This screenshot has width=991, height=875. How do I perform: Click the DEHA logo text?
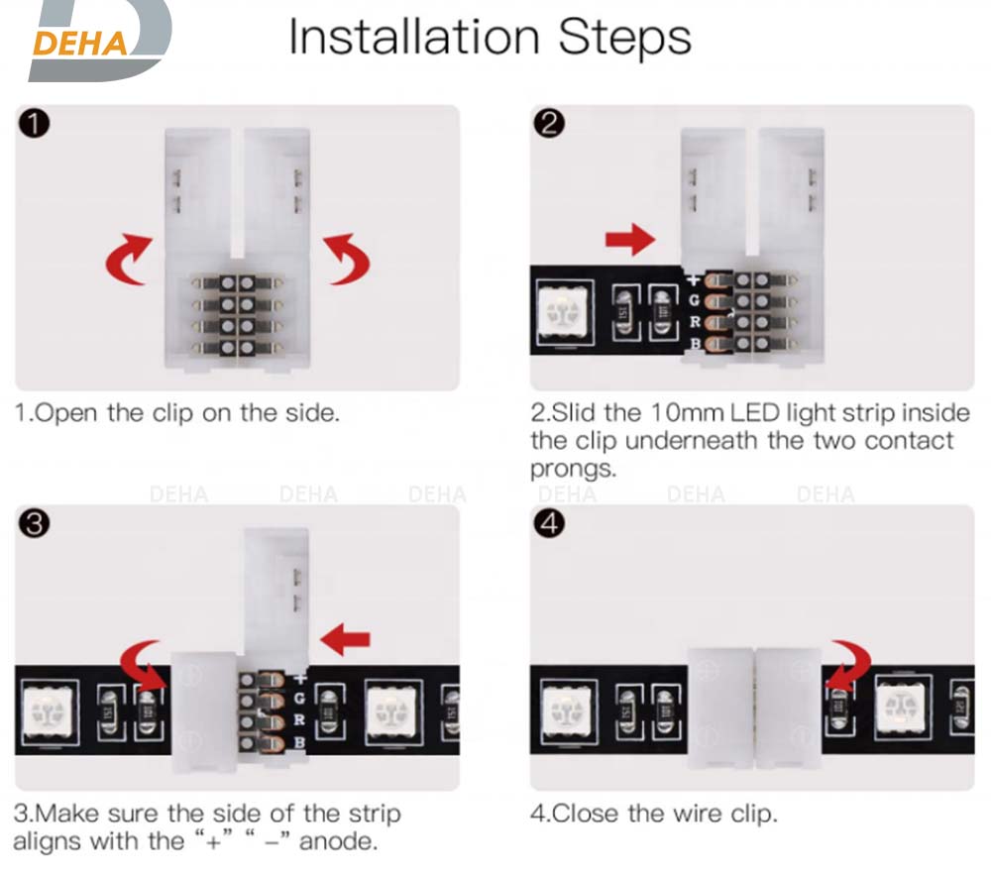pos(79,44)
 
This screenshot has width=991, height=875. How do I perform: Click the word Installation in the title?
pos(414,37)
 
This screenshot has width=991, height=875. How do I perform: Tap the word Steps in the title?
pos(624,38)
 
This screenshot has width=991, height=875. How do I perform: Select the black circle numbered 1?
pos(34,123)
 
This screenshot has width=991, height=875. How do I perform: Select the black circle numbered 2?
pos(549,123)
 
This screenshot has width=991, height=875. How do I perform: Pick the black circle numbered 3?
pos(34,524)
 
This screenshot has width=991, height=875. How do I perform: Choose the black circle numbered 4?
pos(549,524)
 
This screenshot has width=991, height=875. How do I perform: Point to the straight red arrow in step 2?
pos(630,240)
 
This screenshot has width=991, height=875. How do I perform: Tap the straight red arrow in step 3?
pos(345,639)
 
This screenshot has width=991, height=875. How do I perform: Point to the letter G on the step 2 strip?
pos(694,300)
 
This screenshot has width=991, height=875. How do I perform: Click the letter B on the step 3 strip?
pos(299,742)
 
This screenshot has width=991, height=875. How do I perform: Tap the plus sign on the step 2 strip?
pos(694,279)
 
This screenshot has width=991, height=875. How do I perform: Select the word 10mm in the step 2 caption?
pos(687,412)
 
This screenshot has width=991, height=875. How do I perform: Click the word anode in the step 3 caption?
pos(338,841)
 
